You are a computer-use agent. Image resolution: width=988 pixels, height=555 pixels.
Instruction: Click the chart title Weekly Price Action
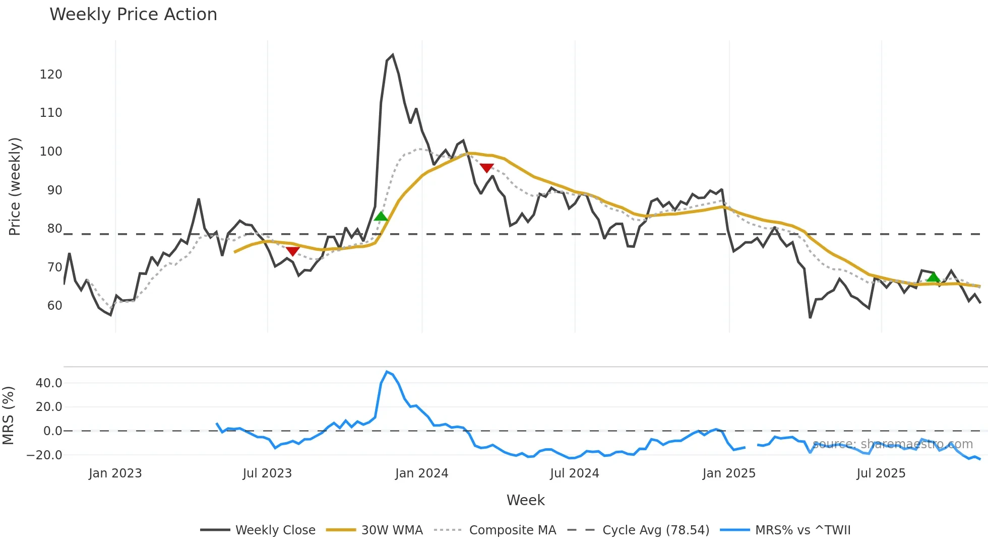(x=133, y=15)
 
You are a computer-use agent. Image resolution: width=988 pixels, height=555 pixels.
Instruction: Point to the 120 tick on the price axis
(x=51, y=75)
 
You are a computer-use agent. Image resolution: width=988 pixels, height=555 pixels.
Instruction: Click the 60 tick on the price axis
(x=54, y=306)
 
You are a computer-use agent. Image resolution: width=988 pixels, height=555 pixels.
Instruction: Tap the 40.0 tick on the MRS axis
(x=49, y=383)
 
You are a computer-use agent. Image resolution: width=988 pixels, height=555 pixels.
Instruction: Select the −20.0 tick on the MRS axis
(x=44, y=455)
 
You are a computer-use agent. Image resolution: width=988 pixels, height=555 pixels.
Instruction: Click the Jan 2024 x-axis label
(x=421, y=473)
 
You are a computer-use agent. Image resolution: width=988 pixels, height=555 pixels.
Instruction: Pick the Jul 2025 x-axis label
(x=881, y=473)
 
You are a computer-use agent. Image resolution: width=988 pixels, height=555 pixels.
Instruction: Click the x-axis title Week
(x=525, y=500)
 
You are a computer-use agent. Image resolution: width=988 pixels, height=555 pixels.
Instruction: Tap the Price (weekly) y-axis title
(x=15, y=186)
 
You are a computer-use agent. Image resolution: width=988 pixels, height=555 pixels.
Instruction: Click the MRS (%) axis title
(x=8, y=415)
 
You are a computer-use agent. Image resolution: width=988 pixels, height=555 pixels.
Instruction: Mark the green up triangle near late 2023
(x=381, y=217)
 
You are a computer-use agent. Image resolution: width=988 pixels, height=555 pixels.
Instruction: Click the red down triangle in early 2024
(x=486, y=168)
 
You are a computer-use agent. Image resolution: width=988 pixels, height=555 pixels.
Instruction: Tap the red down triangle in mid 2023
(x=292, y=251)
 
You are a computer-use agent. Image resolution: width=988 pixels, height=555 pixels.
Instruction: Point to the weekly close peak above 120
(x=393, y=55)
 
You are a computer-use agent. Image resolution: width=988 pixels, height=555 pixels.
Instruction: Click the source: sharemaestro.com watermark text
(x=892, y=444)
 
